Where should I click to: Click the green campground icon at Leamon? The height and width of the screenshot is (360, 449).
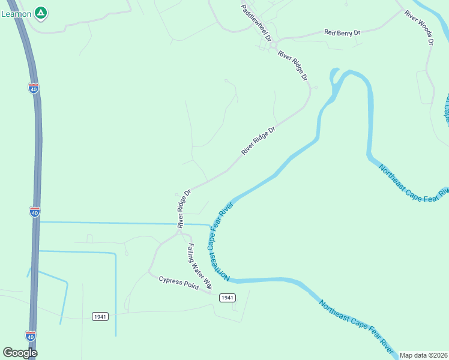pyautogui.click(x=40, y=12)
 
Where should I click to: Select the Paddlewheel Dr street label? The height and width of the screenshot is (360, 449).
pyautogui.click(x=256, y=22)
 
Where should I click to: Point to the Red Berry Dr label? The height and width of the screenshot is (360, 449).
pyautogui.click(x=342, y=32)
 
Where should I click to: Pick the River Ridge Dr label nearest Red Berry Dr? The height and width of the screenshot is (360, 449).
pyautogui.click(x=292, y=66)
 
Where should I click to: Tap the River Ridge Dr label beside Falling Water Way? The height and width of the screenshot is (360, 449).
pyautogui.click(x=184, y=209)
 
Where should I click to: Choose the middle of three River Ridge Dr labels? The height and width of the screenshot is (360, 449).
pyautogui.click(x=258, y=140)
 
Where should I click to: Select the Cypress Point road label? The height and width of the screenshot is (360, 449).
pyautogui.click(x=178, y=282)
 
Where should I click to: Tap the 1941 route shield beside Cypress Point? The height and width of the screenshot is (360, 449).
pyautogui.click(x=226, y=298)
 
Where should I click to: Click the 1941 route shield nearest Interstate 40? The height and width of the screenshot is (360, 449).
pyautogui.click(x=100, y=316)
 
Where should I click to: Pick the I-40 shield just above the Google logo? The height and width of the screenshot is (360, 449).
pyautogui.click(x=30, y=336)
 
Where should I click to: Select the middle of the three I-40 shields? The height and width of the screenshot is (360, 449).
pyautogui.click(x=34, y=212)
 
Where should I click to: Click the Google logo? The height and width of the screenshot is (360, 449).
pyautogui.click(x=20, y=353)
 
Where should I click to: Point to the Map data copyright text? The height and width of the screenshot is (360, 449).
pyautogui.click(x=424, y=355)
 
